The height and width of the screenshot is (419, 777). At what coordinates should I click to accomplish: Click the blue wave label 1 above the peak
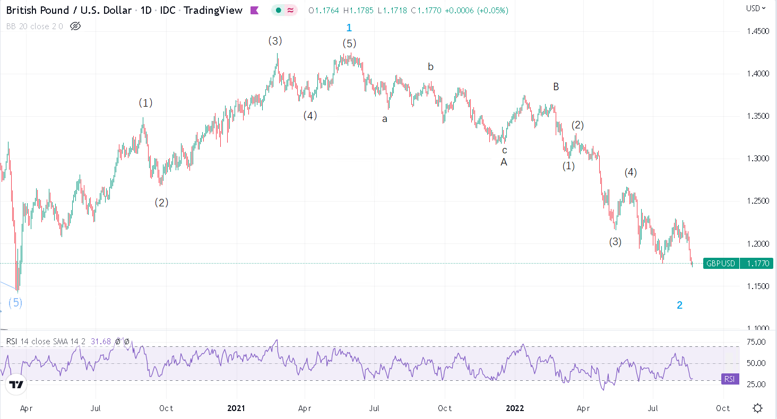point(349,28)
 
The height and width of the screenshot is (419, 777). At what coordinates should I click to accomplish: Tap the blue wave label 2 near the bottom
point(679,305)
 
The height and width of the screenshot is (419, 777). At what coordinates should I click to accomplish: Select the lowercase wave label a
point(385,119)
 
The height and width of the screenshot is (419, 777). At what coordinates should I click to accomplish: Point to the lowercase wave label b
point(431,67)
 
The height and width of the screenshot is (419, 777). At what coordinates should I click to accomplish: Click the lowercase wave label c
point(505,150)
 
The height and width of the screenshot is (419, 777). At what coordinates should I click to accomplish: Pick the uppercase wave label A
point(504,162)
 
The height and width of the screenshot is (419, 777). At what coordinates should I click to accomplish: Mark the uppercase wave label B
point(556,86)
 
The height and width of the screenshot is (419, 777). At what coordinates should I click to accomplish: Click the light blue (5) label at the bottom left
point(15,303)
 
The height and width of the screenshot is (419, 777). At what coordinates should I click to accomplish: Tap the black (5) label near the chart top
point(349,43)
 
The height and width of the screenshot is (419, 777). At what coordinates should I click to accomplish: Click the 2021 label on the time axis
point(236,408)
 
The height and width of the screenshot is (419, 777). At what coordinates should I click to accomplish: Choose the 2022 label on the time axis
point(515,408)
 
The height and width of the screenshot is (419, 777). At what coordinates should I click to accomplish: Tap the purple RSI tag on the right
point(730,379)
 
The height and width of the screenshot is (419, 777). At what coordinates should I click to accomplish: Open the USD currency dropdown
point(756,8)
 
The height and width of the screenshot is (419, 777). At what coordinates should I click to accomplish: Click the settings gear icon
point(758,408)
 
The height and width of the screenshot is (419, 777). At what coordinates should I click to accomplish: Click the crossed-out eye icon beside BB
point(75,26)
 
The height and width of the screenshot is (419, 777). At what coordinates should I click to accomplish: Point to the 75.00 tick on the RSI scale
point(754,342)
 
